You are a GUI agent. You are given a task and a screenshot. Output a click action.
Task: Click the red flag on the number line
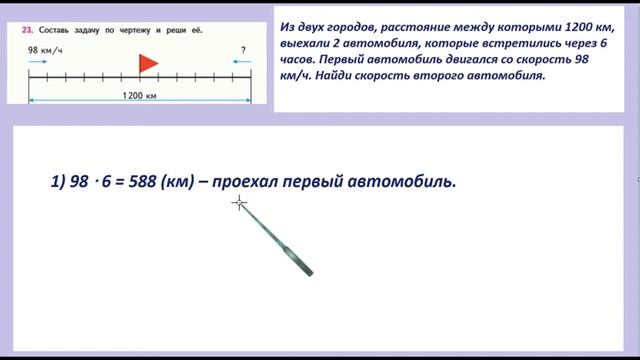[148, 64]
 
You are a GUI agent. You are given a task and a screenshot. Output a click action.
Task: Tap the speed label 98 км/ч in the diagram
[45, 49]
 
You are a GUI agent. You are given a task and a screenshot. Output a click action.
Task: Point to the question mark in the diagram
[243, 49]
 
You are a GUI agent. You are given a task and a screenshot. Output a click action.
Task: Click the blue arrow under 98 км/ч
[38, 62]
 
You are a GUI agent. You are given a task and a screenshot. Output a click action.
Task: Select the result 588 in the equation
[144, 182]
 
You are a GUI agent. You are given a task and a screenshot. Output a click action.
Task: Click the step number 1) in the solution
[57, 182]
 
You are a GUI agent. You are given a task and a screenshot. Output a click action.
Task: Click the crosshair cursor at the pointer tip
[239, 204]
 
